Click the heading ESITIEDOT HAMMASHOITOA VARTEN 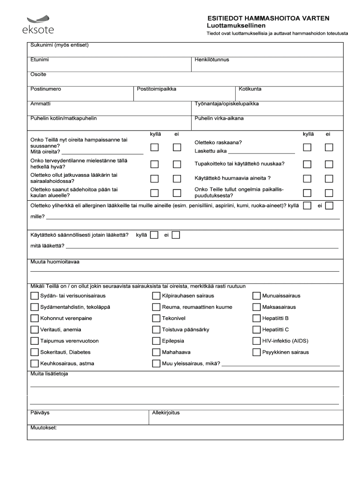pyautogui.click(x=268, y=18)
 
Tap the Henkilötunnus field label pyautogui.click(x=212, y=60)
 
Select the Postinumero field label pyautogui.click(x=46, y=89)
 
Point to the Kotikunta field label pyautogui.click(x=250, y=89)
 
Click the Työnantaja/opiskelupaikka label pyautogui.click(x=227, y=104)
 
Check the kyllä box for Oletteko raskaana pyautogui.click(x=307, y=147)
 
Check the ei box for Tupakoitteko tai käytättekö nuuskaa pyautogui.click(x=329, y=164)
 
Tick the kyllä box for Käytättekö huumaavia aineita pyautogui.click(x=307, y=178)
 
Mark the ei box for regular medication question pyautogui.click(x=176, y=235)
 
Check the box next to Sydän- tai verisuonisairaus pyautogui.click(x=35, y=296)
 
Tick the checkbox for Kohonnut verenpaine pyautogui.click(x=35, y=319)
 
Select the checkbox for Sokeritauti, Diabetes pyautogui.click(x=35, y=352)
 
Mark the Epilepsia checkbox pyautogui.click(x=156, y=341)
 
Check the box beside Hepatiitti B pyautogui.click(x=256, y=319)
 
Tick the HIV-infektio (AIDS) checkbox pyautogui.click(x=256, y=341)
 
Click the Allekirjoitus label pyautogui.click(x=166, y=413)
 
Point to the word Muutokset pyautogui.click(x=43, y=428)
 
